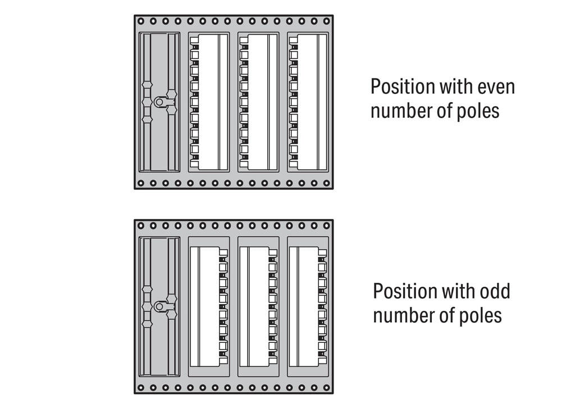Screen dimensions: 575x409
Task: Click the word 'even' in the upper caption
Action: tap(496, 87)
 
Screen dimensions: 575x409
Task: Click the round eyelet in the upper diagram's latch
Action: tap(159, 102)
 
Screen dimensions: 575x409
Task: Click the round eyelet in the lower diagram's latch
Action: tap(159, 306)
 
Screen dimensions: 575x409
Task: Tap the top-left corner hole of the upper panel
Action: tap(141, 21)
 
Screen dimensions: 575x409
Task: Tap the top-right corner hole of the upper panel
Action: tap(326, 21)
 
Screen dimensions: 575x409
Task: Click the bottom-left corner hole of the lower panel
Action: tap(141, 388)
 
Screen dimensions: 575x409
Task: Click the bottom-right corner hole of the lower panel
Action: tap(326, 388)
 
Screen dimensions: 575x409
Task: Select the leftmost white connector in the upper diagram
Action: tap(209, 102)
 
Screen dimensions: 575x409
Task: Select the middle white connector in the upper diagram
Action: tap(258, 102)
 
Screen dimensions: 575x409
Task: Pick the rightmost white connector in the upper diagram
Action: tap(308, 102)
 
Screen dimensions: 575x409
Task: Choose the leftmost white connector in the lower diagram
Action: tap(209, 307)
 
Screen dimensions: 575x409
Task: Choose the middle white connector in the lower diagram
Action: tap(258, 307)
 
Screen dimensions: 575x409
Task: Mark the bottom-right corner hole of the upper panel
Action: tap(326, 183)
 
